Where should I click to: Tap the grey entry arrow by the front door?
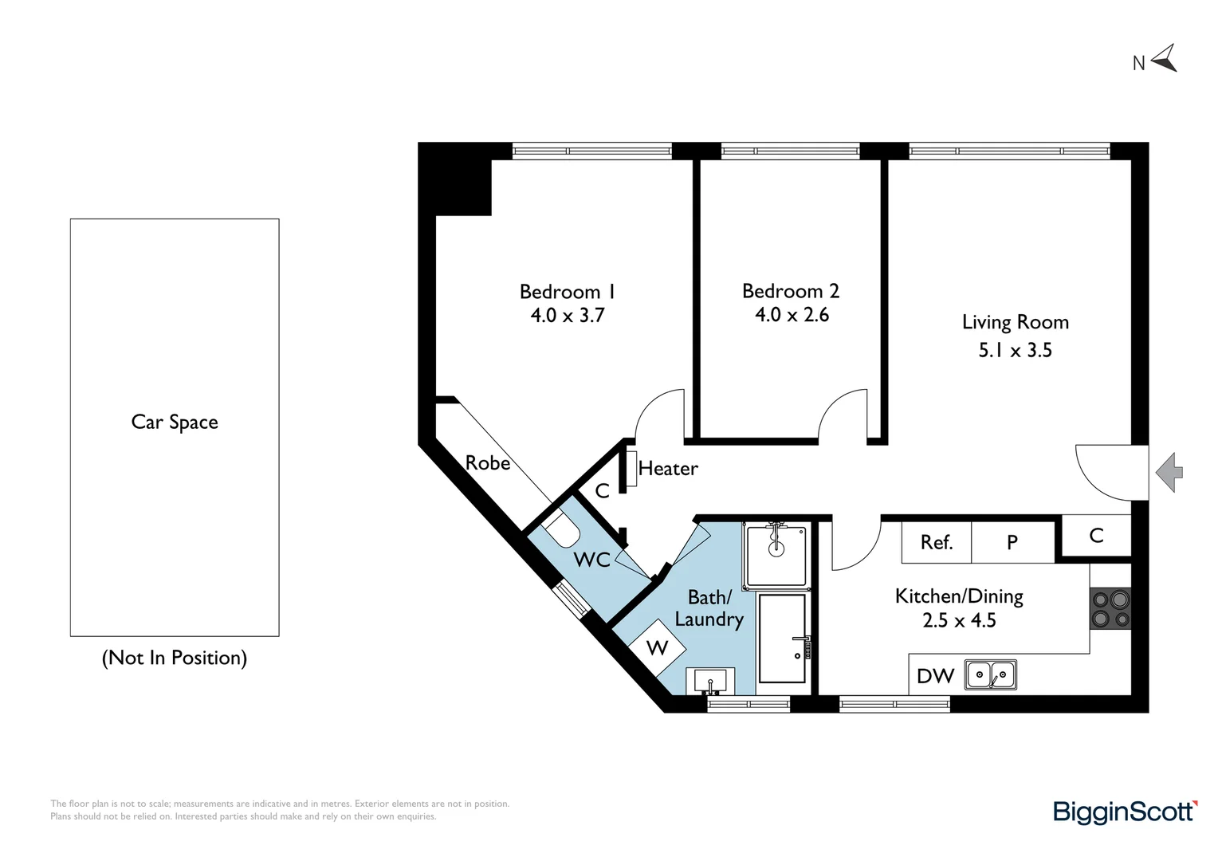1169,472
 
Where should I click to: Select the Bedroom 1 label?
567,292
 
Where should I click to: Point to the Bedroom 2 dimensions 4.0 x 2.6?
792,315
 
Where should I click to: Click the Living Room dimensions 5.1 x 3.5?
1016,350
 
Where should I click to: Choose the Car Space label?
175,422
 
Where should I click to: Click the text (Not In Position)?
175,659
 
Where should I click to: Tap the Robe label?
488,463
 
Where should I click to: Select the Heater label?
668,468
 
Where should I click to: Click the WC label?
591,560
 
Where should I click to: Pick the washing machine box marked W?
658,647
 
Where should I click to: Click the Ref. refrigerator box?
937,542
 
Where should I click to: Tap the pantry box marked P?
1012,542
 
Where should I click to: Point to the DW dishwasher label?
935,676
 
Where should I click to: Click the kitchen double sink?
991,675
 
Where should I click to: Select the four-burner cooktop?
1110,608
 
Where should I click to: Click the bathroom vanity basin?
710,681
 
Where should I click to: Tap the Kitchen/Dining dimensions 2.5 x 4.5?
959,620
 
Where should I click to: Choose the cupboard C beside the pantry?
1096,535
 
